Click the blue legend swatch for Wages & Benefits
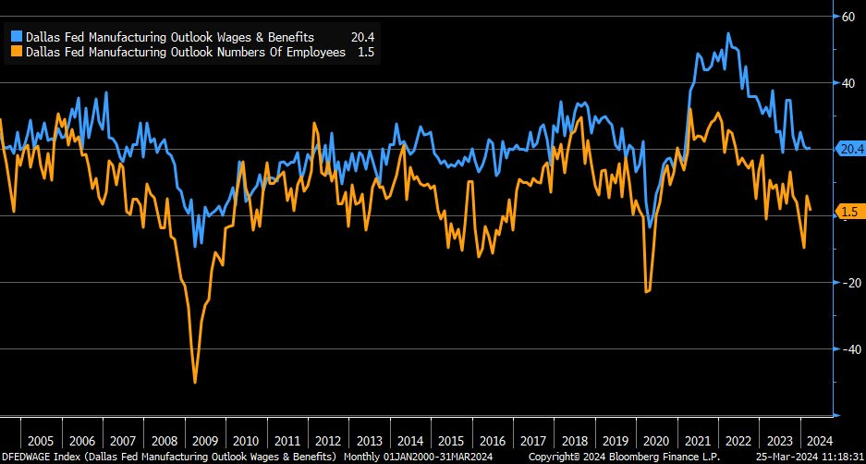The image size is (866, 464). tap(18, 37)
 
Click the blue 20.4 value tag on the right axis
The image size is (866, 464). tap(849, 148)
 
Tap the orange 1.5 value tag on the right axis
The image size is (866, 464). tap(849, 212)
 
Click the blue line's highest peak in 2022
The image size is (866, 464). tap(728, 34)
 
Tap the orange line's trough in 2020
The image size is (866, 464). tap(647, 292)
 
